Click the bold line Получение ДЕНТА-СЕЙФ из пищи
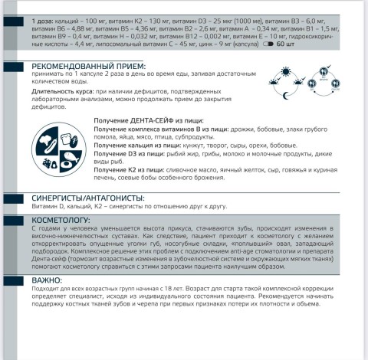[143, 121]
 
